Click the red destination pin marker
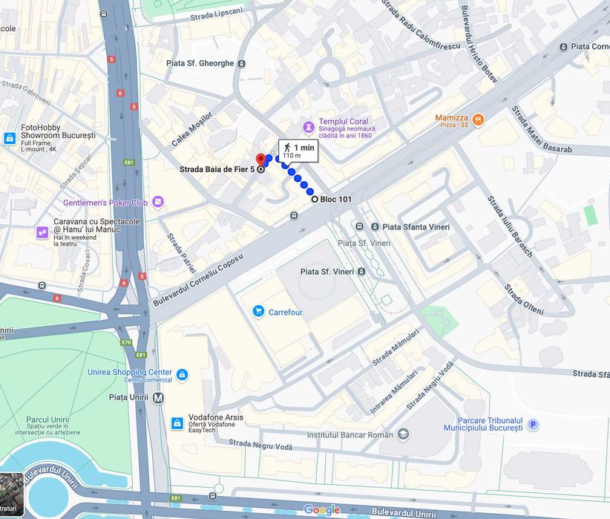point(260,160)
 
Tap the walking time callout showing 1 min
point(298,151)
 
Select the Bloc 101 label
point(336,199)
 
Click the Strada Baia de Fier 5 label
point(217,169)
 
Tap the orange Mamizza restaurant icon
point(478,118)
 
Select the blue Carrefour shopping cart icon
point(258,312)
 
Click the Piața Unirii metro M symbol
point(158,397)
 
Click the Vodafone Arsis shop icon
point(177,423)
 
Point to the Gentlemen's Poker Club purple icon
point(158,202)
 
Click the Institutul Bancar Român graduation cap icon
point(403,434)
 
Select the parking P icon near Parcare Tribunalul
point(533,425)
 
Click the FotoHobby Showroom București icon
point(10,138)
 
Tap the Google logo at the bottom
point(321,509)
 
